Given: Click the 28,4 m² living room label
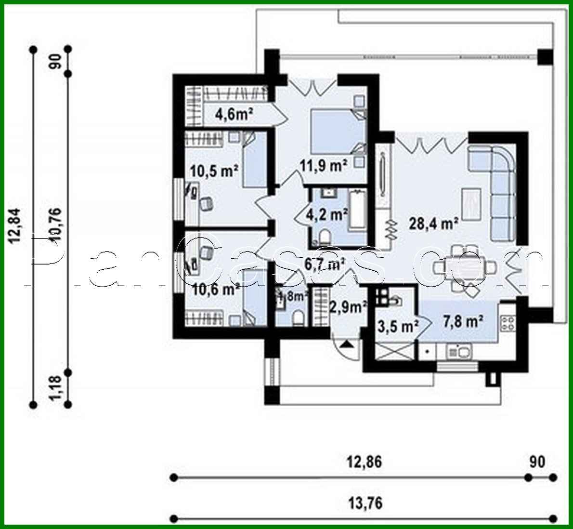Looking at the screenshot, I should pos(433,223).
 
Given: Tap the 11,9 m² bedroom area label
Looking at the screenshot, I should pos(324,166).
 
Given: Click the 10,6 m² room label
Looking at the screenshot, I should pos(216,290).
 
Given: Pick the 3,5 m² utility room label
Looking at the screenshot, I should pos(396,327).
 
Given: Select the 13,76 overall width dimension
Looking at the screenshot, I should pos(365,503).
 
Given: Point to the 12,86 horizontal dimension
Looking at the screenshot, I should pos(365,462).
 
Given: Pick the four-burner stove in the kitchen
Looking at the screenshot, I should pos(507,322).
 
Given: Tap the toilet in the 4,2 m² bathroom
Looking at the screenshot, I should pos(324,237).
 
